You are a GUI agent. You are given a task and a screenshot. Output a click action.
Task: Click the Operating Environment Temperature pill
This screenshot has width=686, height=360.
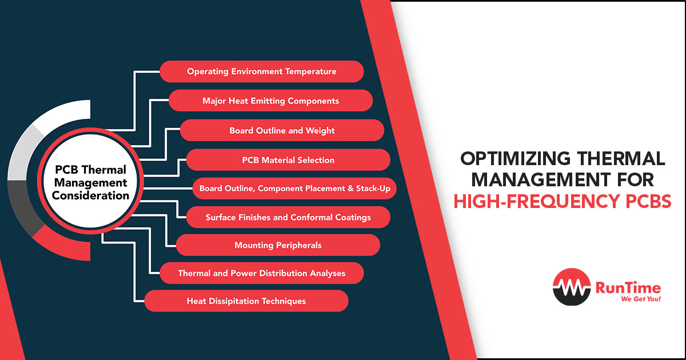262,71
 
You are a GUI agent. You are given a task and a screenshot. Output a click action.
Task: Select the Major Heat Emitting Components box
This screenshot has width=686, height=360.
271,101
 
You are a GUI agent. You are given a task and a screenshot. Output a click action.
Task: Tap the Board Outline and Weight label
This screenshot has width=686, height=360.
282,130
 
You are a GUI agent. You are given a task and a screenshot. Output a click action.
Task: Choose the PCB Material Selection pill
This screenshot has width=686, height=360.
288,160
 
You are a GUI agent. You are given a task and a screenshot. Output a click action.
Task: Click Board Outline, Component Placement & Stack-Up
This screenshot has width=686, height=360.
294,188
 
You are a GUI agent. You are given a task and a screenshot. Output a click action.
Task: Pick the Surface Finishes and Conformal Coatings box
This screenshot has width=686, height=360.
288,217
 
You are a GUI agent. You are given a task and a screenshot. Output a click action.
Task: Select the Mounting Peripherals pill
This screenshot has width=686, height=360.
278,245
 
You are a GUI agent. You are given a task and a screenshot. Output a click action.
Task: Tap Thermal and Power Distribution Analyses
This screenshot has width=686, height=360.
262,273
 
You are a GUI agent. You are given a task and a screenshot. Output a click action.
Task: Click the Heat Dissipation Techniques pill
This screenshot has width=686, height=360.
246,301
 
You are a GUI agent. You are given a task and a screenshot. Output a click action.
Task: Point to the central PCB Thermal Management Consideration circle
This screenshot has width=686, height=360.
90,181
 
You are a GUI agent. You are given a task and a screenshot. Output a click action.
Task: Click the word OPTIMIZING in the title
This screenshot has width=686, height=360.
516,159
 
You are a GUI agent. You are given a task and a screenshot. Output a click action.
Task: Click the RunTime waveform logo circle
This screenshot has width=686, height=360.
572,287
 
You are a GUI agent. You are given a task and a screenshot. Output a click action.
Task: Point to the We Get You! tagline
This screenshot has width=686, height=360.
641,299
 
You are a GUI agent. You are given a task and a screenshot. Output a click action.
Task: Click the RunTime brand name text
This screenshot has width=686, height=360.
628,288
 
